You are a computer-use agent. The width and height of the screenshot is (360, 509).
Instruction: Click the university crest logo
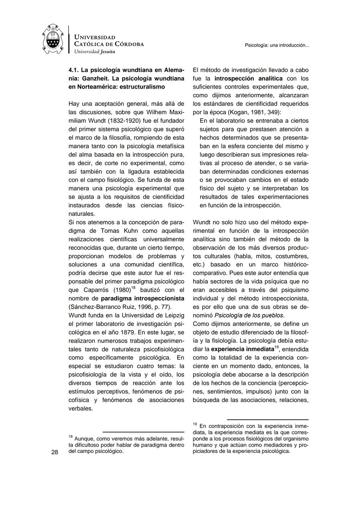click(x=53, y=39)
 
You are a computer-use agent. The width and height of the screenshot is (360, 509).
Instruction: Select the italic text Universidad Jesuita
click(x=95, y=52)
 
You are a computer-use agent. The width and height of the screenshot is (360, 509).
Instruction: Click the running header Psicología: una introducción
click(x=277, y=45)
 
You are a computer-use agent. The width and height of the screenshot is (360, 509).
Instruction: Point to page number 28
click(x=55, y=452)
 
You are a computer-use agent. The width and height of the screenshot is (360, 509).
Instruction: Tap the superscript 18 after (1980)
click(x=133, y=288)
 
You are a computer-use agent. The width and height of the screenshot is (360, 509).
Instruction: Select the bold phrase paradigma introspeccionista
click(x=143, y=298)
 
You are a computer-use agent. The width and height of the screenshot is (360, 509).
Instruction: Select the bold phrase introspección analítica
click(x=248, y=78)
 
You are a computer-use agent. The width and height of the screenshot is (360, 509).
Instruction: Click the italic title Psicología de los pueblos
click(x=249, y=315)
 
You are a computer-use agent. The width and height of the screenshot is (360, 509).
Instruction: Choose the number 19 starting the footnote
click(x=195, y=424)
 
